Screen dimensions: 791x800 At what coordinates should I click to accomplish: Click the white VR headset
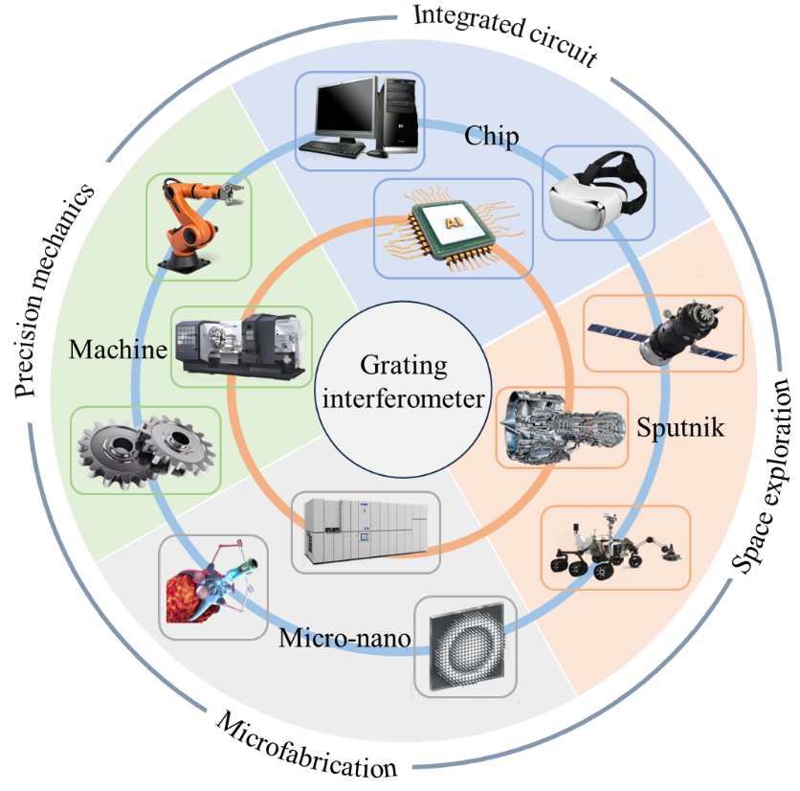(x=598, y=191)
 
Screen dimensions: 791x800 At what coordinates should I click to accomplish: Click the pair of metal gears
(x=146, y=450)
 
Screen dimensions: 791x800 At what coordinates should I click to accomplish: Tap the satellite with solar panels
(x=662, y=332)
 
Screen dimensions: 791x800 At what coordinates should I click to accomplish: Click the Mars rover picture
(x=614, y=549)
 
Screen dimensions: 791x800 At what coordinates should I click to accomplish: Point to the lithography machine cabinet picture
(x=365, y=531)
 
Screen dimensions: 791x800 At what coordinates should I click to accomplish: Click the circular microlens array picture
(x=465, y=646)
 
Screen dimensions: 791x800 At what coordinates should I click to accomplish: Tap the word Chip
(x=492, y=138)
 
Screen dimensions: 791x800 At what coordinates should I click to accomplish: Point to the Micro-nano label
(x=344, y=638)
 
